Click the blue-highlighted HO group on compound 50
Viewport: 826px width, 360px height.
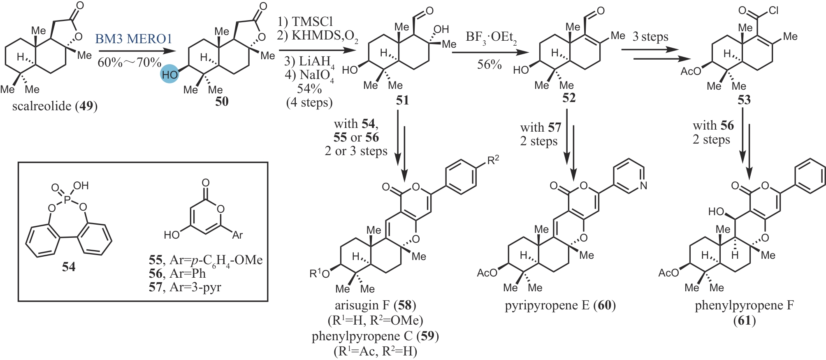(x=169, y=74)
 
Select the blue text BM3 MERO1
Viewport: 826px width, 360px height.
(x=134, y=39)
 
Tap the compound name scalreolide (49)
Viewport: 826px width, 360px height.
(x=55, y=106)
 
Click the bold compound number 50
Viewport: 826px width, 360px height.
(x=222, y=101)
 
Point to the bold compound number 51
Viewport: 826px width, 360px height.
(x=402, y=100)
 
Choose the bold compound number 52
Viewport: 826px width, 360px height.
(x=569, y=98)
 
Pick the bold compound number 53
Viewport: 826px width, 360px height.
(x=744, y=100)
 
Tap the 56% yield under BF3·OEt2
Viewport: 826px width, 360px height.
(x=490, y=64)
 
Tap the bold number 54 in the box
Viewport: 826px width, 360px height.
(x=69, y=267)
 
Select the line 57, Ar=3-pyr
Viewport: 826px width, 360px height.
(x=185, y=287)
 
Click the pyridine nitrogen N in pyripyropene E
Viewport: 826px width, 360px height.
(x=644, y=186)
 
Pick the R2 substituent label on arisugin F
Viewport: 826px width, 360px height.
(x=493, y=160)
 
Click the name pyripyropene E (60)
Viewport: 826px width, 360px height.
(x=560, y=305)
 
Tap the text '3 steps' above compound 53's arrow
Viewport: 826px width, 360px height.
(x=650, y=37)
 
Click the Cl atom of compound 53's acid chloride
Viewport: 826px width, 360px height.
(x=773, y=10)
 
